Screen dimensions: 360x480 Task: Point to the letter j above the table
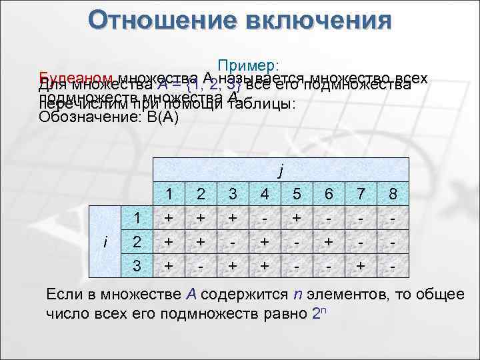(281, 171)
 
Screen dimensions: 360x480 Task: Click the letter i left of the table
(107, 241)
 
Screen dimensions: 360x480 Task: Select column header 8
(393, 194)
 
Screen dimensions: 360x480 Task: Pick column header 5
(297, 194)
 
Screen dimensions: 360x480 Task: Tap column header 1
(170, 194)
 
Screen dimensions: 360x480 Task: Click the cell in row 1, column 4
(265, 218)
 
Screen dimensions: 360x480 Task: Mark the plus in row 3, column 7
(361, 265)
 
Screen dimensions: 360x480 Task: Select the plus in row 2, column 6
(329, 241)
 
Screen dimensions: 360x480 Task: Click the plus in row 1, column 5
(297, 218)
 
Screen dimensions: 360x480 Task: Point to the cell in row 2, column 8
(393, 241)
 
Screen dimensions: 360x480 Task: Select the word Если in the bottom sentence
(62, 295)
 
